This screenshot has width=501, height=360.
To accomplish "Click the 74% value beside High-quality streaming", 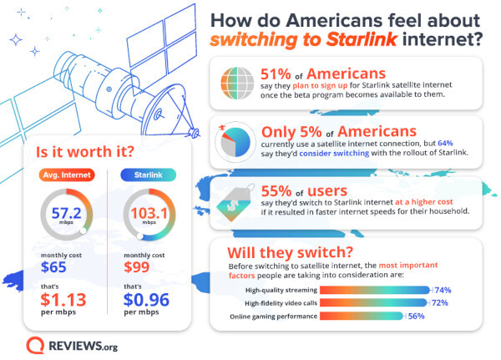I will coord(443,290).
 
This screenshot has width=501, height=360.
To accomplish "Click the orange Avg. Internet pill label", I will coord(67,175).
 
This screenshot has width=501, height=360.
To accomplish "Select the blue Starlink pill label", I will coord(146,175).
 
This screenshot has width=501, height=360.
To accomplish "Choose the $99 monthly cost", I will coord(139,269).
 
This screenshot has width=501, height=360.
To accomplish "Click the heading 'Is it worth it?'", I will coord(75,153).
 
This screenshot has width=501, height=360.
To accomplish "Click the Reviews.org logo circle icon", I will coord(35,344).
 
